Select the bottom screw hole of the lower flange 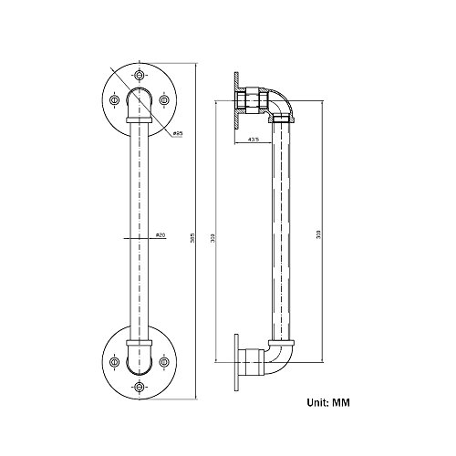[x=140, y=388]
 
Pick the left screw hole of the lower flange [x=115, y=362]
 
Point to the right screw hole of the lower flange [x=165, y=362]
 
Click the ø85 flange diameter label [x=178, y=135]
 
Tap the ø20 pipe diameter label [x=160, y=235]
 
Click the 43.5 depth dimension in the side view [x=254, y=140]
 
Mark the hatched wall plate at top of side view [x=234, y=98]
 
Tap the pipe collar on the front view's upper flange [x=140, y=119]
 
